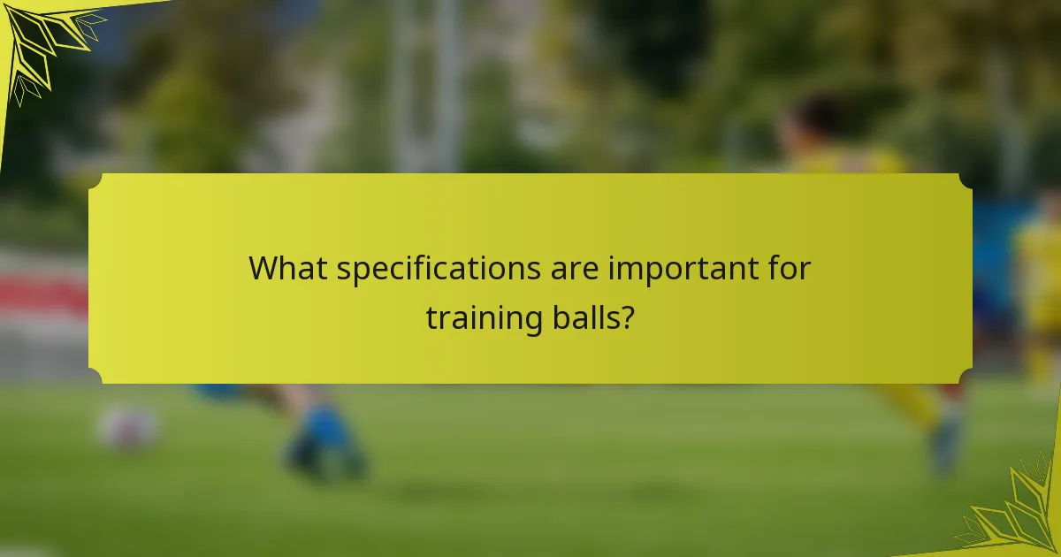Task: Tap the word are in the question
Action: click(x=571, y=268)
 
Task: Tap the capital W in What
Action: click(x=263, y=268)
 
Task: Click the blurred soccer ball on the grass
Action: click(x=127, y=428)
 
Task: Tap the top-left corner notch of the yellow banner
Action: click(x=94, y=179)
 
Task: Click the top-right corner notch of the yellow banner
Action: click(x=966, y=179)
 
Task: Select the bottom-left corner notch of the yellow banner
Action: click(x=94, y=378)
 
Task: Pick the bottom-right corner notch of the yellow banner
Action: click(x=966, y=378)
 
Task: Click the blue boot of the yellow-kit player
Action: click(x=946, y=442)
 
